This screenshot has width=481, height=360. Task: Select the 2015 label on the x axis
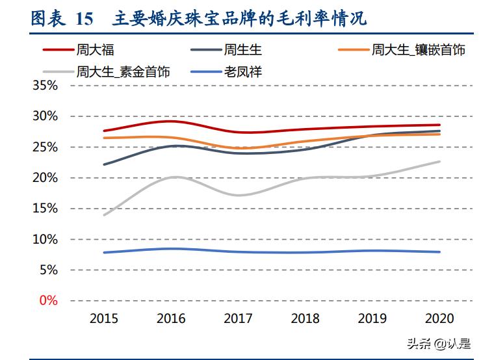(104, 318)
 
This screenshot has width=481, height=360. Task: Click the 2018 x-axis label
(306, 318)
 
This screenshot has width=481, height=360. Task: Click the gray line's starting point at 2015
(104, 214)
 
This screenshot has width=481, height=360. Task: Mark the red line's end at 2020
(440, 125)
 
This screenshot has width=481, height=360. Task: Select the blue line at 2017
(239, 252)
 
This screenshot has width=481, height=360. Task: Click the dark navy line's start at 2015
(104, 164)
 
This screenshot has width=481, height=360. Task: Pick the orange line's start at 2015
(104, 138)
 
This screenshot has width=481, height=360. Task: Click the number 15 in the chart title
(84, 19)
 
